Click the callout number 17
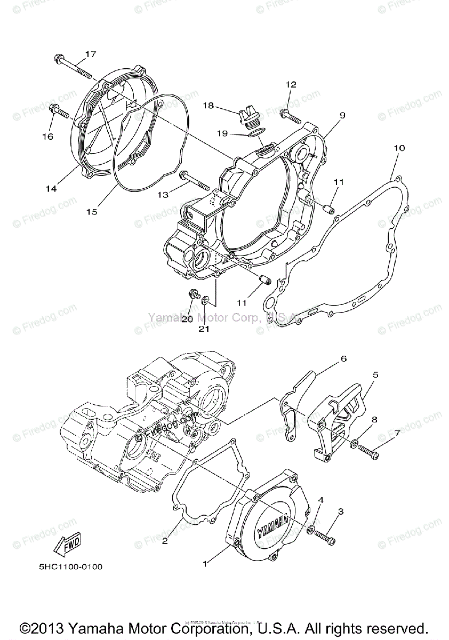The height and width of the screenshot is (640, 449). pyautogui.click(x=90, y=54)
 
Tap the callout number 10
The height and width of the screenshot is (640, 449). pyautogui.click(x=399, y=147)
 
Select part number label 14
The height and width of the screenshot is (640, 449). pyautogui.click(x=51, y=188)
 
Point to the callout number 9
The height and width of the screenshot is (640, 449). pyautogui.click(x=342, y=115)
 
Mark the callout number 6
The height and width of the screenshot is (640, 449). pyautogui.click(x=343, y=358)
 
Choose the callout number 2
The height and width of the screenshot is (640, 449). pyautogui.click(x=165, y=541)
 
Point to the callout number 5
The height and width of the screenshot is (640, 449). pyautogui.click(x=375, y=375)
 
